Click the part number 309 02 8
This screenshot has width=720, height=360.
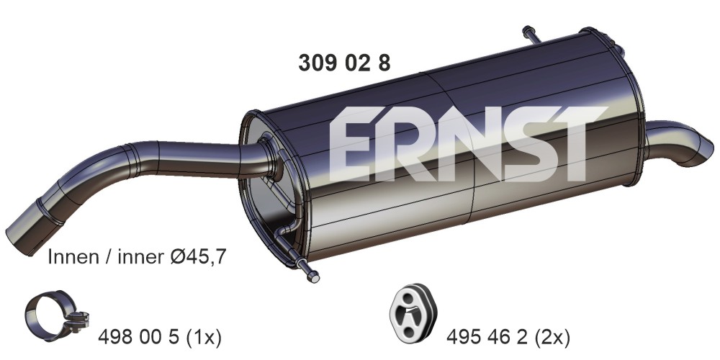tap(344, 63)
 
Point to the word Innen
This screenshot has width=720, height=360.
tap(73, 257)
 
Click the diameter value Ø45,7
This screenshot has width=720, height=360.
tap(198, 257)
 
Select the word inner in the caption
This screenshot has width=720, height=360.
tap(140, 257)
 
